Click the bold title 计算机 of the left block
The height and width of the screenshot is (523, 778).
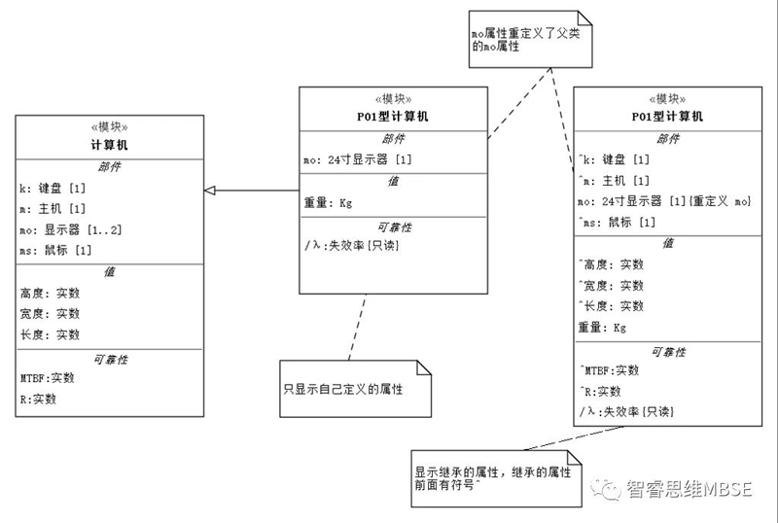[110, 145]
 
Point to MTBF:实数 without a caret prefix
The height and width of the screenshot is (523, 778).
[47, 377]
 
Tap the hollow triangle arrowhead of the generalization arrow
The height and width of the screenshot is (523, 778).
[211, 191]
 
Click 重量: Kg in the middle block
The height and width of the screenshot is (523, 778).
[329, 202]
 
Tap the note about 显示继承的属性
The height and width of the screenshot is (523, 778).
[490, 476]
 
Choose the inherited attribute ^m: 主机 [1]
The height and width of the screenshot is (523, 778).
[615, 181]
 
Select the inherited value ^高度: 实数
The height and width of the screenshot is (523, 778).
[612, 264]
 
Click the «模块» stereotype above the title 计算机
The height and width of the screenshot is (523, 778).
[110, 127]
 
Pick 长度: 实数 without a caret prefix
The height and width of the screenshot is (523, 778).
[50, 334]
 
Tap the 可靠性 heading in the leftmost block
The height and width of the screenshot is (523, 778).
[110, 359]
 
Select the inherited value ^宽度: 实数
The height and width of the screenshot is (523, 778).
[612, 286]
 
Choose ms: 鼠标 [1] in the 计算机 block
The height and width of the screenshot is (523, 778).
[55, 251]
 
